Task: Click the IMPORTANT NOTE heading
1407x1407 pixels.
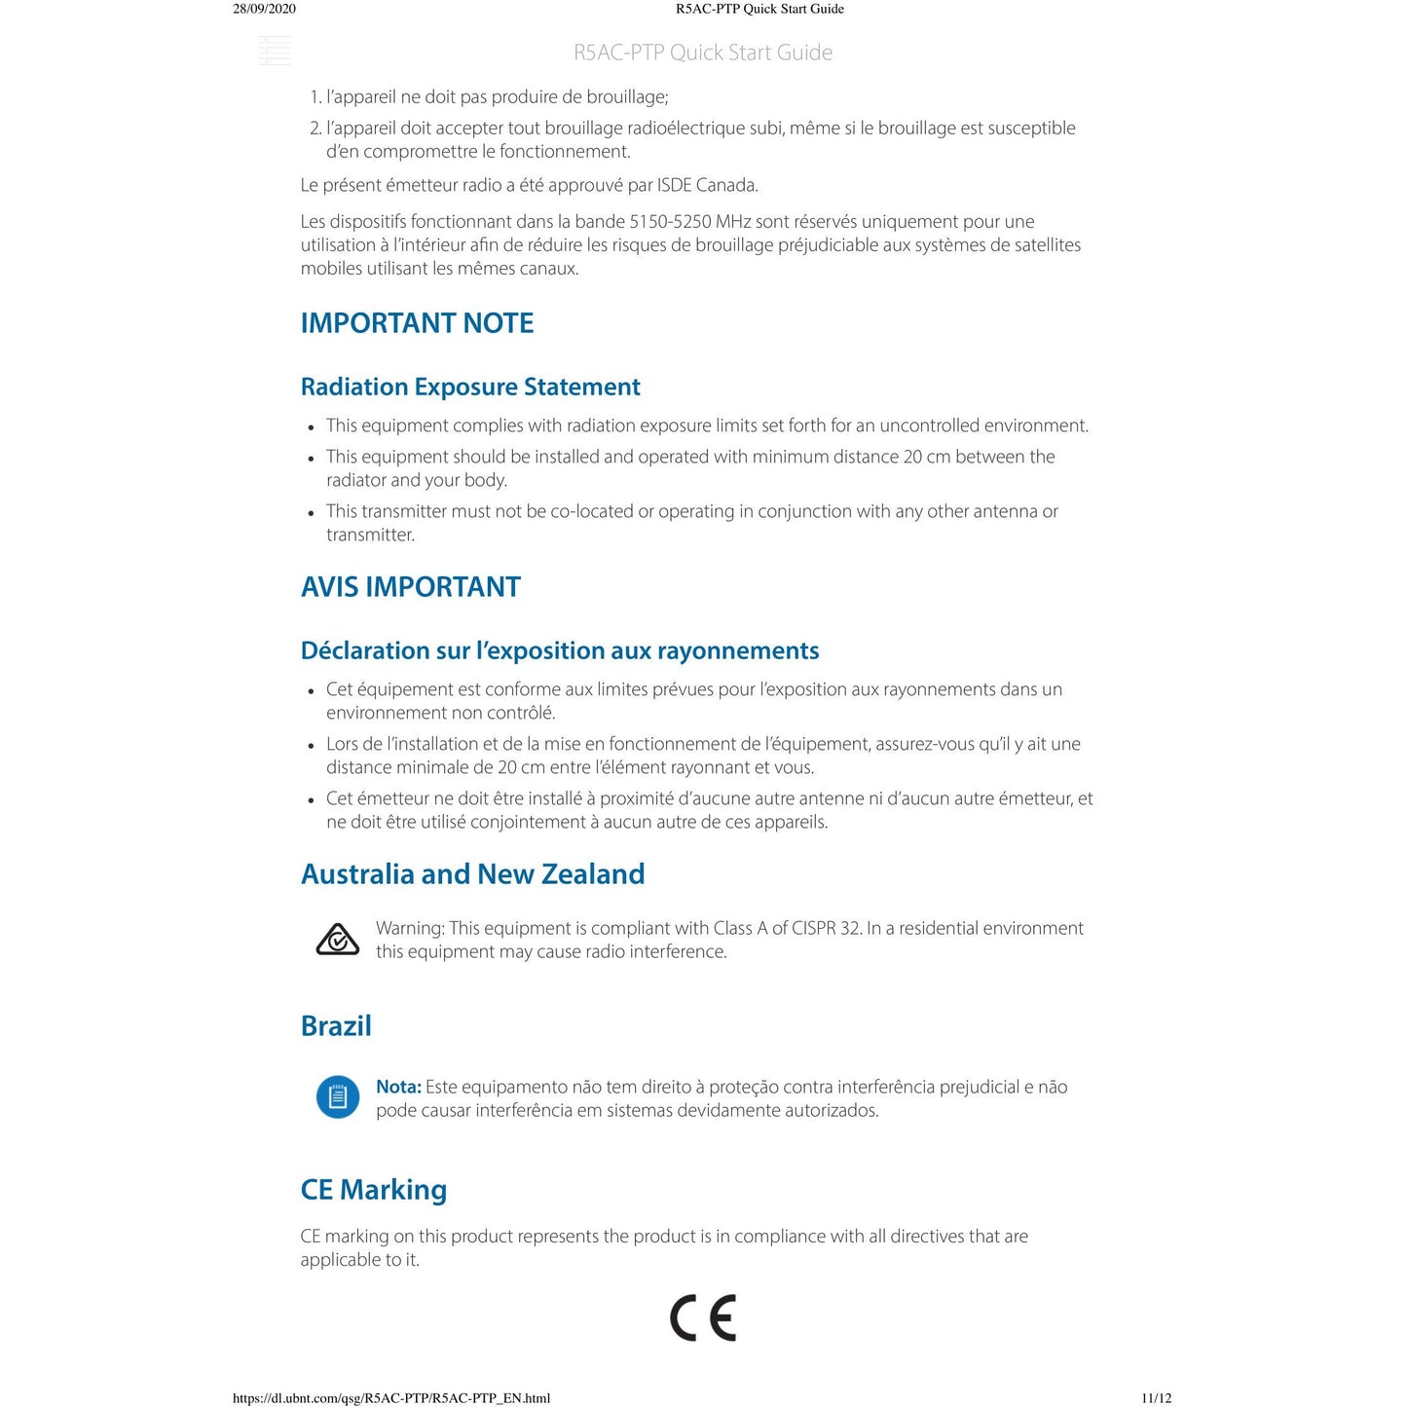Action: pyautogui.click(x=417, y=323)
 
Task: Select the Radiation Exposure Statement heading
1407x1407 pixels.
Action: pyautogui.click(x=470, y=388)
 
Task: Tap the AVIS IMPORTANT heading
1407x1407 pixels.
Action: pyautogui.click(x=411, y=587)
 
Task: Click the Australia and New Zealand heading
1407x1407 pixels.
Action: pyautogui.click(x=472, y=874)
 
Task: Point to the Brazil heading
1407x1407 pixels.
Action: pyautogui.click(x=336, y=1026)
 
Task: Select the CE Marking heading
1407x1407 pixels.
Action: pyautogui.click(x=374, y=1190)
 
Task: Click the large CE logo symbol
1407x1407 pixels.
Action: pyautogui.click(x=703, y=1318)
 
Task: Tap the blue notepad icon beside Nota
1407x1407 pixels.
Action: pyautogui.click(x=338, y=1097)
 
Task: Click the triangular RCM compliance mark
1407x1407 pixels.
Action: pyautogui.click(x=338, y=940)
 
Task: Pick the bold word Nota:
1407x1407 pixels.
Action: pyautogui.click(x=398, y=1087)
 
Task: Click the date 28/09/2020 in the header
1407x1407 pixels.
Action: pyautogui.click(x=264, y=9)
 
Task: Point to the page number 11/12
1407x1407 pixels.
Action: pyautogui.click(x=1156, y=1398)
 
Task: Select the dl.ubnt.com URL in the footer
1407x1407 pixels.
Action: pyautogui.click(x=391, y=1398)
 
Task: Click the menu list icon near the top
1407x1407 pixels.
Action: pyautogui.click(x=275, y=51)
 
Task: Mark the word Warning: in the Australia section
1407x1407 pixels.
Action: pyautogui.click(x=410, y=928)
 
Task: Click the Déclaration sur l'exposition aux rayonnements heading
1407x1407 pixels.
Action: pyautogui.click(x=560, y=651)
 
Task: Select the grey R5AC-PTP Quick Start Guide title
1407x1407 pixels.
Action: pyautogui.click(x=703, y=53)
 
